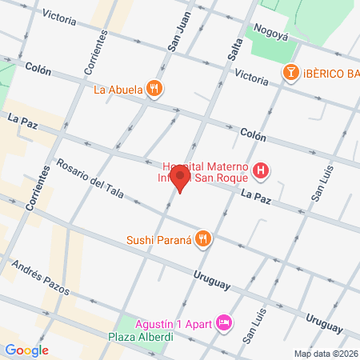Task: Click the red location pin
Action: click(181, 179)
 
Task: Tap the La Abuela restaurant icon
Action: click(154, 89)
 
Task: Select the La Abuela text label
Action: click(118, 90)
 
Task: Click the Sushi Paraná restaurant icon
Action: click(204, 238)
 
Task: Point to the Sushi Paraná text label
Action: click(160, 238)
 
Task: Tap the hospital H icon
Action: click(261, 170)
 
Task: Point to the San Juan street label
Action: click(180, 37)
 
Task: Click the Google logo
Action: click(26, 350)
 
